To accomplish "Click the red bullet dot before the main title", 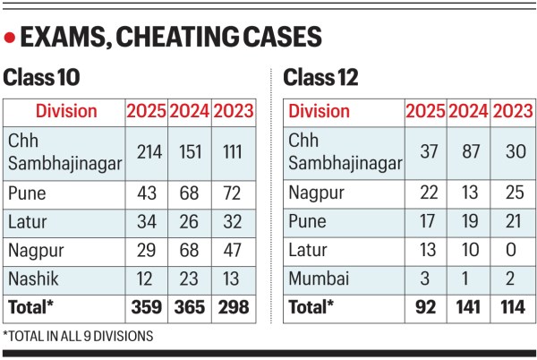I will (x=10, y=38).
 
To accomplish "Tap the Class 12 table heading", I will (x=321, y=78).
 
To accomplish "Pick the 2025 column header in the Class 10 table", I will (x=145, y=111).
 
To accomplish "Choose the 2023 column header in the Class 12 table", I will (x=512, y=111).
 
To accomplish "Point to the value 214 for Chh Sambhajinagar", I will (x=145, y=152).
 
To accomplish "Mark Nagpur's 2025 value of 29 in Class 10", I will (x=145, y=251).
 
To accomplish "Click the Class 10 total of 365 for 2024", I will (x=188, y=307).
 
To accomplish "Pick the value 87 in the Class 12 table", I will (x=468, y=152).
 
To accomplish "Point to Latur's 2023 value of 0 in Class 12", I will (x=512, y=251).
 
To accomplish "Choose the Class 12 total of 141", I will (x=468, y=307).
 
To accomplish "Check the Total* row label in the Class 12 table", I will (x=309, y=307).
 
